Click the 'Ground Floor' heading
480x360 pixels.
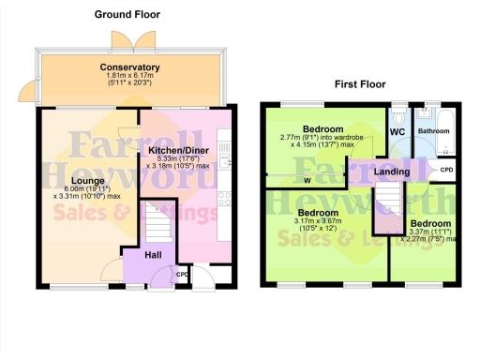(127, 14)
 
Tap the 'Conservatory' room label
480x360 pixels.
(129, 67)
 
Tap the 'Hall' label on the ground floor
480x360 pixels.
(156, 252)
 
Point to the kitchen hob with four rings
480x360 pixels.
(223, 197)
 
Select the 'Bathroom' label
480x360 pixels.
(433, 131)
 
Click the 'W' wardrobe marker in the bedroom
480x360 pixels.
(307, 180)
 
